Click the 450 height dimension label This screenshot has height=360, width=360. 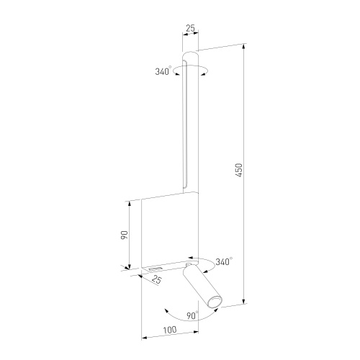tap(239, 171)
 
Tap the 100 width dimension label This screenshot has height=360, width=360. tap(170, 330)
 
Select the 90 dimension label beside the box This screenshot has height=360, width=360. tap(125, 235)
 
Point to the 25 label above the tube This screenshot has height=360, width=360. tap(190, 29)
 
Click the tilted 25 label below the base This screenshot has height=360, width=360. tap(157, 279)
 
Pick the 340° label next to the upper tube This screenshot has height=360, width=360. tap(163, 71)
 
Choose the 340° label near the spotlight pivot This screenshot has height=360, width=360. tap(224, 261)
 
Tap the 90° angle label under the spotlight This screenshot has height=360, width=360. tap(192, 315)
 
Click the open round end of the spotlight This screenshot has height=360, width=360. tap(215, 302)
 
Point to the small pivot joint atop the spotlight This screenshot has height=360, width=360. tap(189, 264)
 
